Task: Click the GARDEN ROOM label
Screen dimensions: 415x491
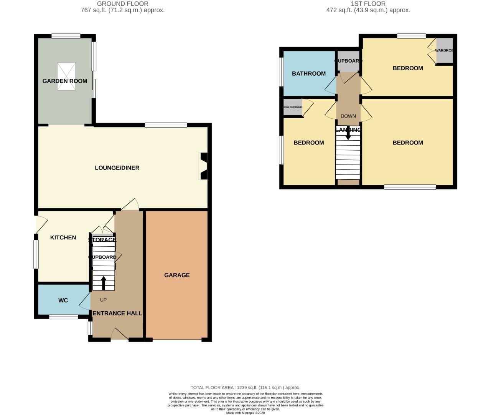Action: point(65,81)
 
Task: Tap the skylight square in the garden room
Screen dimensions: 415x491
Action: point(66,76)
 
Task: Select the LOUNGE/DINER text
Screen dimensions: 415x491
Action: point(117,168)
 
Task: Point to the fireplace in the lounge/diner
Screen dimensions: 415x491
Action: point(203,166)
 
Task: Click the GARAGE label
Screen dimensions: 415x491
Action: point(177,275)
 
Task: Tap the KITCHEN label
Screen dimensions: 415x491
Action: point(63,237)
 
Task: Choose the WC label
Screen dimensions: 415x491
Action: point(63,300)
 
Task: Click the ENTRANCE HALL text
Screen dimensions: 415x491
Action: point(117,313)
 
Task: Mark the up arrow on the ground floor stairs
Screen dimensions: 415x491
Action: point(103,283)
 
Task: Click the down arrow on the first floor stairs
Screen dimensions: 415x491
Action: point(348,134)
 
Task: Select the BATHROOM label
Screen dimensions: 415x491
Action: point(309,73)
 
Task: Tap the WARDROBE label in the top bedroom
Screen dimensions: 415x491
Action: point(444,50)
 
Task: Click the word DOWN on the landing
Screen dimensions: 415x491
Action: point(348,116)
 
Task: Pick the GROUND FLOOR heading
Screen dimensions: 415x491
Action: point(122,4)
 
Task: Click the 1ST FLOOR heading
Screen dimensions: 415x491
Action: point(368,4)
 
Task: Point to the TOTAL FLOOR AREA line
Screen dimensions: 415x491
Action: point(245,388)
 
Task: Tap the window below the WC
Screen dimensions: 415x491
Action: point(64,317)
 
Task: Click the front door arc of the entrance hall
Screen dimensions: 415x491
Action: point(119,334)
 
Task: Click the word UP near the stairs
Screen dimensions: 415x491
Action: point(103,300)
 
